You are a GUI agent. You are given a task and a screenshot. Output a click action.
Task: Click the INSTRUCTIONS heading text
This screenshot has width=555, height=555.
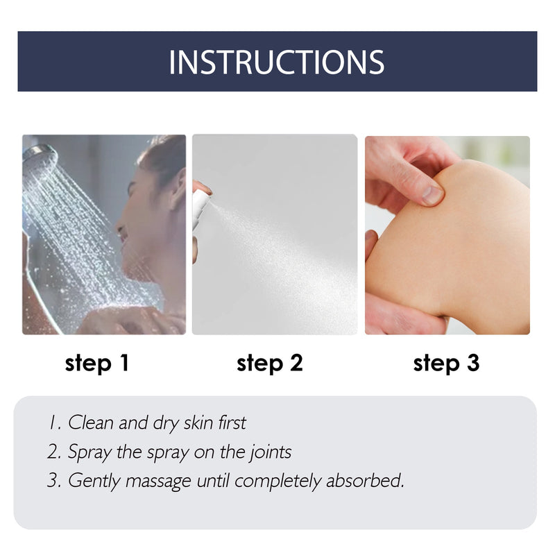click(276, 62)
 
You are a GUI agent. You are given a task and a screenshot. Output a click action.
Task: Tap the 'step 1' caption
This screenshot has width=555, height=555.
click(96, 364)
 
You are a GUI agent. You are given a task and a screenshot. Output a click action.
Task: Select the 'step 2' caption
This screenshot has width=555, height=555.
click(270, 364)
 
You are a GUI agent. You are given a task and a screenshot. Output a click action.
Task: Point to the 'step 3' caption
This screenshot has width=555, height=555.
click(446, 364)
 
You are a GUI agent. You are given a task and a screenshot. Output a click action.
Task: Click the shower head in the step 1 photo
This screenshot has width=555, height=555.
click(39, 155)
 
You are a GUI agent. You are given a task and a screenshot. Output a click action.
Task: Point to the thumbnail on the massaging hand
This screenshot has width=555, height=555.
click(432, 195)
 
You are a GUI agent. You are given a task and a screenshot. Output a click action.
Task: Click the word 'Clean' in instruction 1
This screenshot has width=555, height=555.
click(91, 422)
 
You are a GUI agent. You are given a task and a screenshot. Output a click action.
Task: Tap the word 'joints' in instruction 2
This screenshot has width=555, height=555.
click(270, 452)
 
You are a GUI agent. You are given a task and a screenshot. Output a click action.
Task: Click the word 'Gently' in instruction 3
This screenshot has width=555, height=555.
click(94, 481)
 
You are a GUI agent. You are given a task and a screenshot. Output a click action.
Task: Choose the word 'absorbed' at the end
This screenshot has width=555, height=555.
click(365, 480)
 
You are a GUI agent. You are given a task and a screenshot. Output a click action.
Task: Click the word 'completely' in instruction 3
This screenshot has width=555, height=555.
click(278, 481)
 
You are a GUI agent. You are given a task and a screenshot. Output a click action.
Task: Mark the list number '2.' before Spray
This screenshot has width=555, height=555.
click(55, 452)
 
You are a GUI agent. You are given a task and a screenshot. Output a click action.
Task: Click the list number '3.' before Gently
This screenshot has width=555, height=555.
click(55, 481)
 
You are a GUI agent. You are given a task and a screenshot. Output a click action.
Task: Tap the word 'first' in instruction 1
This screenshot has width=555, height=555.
click(232, 422)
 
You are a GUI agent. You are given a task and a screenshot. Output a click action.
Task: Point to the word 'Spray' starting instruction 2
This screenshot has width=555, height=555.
click(89, 453)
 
